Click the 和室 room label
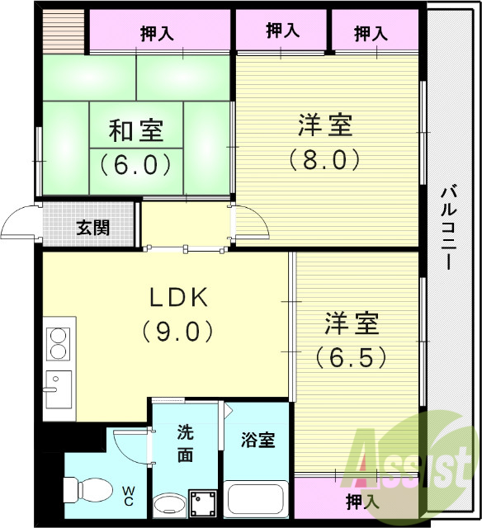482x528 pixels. point(136,130)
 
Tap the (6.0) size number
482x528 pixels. point(136,164)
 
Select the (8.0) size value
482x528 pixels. point(325,158)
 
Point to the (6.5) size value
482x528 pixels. point(351,357)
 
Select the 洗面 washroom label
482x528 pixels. point(185,443)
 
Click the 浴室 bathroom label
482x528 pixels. point(258,440)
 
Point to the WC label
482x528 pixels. point(130,496)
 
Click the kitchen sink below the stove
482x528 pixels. point(58,389)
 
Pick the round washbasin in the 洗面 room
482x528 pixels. point(170,504)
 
